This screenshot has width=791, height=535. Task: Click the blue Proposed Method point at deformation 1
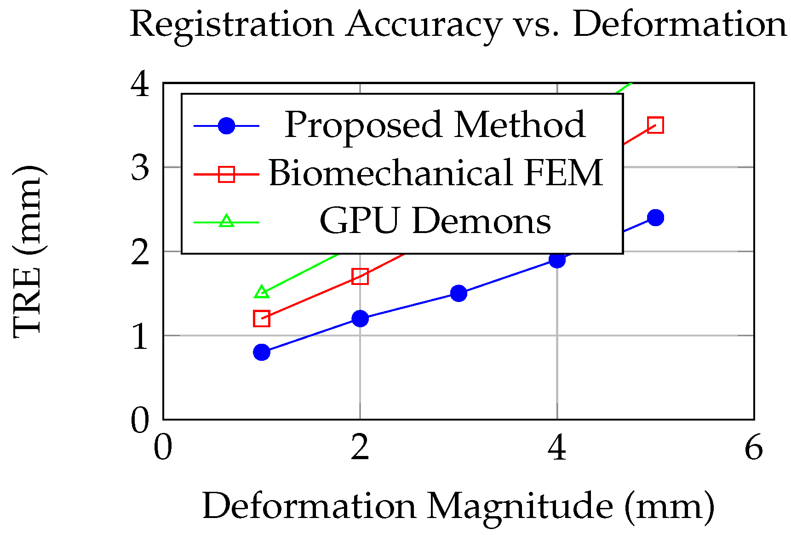pyautogui.click(x=262, y=352)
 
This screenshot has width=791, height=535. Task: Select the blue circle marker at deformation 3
pyautogui.click(x=459, y=293)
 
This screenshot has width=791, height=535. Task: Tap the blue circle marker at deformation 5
pyautogui.click(x=655, y=217)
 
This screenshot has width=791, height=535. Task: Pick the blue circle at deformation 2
pyautogui.click(x=360, y=319)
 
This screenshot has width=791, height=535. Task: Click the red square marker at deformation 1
pyautogui.click(x=262, y=319)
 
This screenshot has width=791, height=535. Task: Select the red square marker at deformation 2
pyautogui.click(x=360, y=276)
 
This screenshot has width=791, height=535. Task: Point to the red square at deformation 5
pyautogui.click(x=655, y=125)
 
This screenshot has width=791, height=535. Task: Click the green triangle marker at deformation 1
pyautogui.click(x=262, y=292)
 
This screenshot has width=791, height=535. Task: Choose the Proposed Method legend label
pyautogui.click(x=435, y=125)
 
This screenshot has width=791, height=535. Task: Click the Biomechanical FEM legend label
pyautogui.click(x=435, y=173)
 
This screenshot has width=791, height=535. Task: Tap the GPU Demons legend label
pyautogui.click(x=435, y=221)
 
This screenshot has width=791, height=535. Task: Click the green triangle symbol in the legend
pyautogui.click(x=226, y=221)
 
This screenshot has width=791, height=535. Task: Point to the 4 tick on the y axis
pyautogui.click(x=140, y=84)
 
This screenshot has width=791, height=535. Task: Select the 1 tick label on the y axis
pyautogui.click(x=140, y=336)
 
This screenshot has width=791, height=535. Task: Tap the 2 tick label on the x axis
pyautogui.click(x=360, y=448)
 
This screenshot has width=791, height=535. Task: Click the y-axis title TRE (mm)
pyautogui.click(x=29, y=252)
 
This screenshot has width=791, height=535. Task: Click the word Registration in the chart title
pyautogui.click(x=232, y=25)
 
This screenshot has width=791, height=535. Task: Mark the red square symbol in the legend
pyautogui.click(x=226, y=174)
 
